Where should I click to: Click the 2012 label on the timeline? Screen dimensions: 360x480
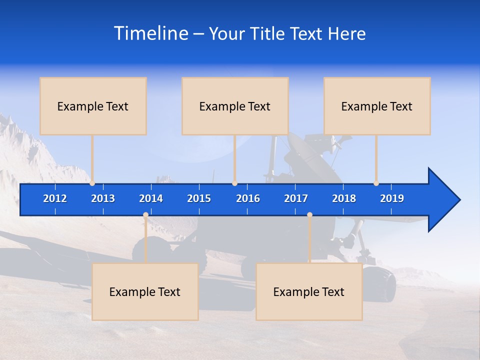point(55,198)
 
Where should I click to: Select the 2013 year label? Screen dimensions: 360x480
point(103,198)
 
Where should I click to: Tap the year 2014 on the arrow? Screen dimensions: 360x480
point(151,198)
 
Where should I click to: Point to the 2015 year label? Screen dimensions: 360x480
point(199,198)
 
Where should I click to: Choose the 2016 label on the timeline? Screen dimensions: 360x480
point(248,198)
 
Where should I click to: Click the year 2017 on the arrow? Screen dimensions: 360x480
point(296,198)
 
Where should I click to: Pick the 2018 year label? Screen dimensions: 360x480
point(344,198)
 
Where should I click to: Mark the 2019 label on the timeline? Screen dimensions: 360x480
point(392,198)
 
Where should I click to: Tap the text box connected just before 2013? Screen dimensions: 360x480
point(93,106)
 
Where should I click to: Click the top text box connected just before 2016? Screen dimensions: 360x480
point(235,106)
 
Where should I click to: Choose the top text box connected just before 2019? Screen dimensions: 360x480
point(377,106)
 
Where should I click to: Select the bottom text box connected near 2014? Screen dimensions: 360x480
point(145,291)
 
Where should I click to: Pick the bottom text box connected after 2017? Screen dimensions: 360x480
point(309,291)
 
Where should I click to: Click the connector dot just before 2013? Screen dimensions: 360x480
point(92,183)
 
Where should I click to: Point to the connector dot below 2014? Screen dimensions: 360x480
point(145,215)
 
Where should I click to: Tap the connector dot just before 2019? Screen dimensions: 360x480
point(376,183)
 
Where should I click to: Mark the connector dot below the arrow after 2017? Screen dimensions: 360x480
point(309,215)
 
